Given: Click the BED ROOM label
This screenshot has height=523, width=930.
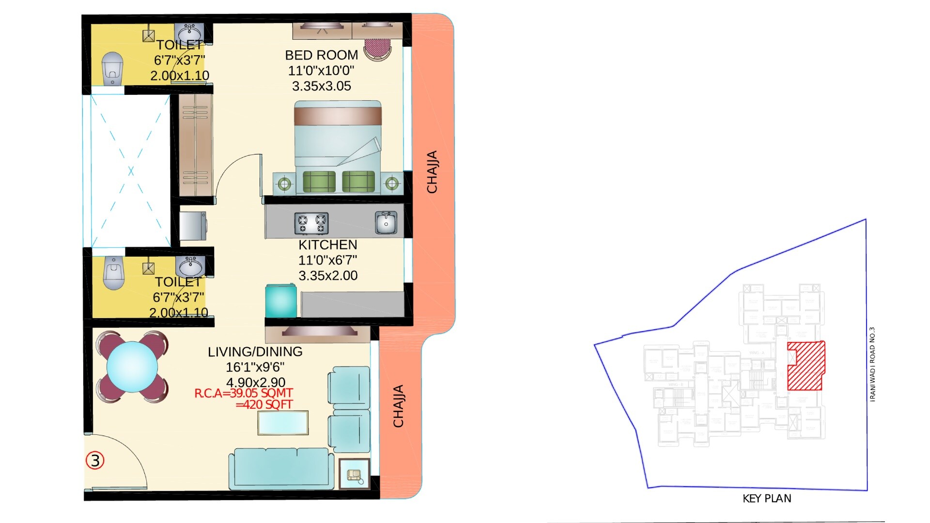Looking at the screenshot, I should click(x=321, y=55).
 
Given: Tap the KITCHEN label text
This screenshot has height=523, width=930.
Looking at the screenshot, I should click(x=327, y=245).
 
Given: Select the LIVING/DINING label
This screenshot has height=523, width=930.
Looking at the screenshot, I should click(x=255, y=352).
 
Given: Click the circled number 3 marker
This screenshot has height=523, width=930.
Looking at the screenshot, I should click(x=95, y=461).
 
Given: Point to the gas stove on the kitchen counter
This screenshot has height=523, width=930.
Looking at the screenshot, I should click(x=311, y=223).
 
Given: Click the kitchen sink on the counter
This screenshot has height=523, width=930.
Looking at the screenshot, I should click(x=386, y=222).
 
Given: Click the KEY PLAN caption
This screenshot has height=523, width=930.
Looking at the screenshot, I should click(x=767, y=499).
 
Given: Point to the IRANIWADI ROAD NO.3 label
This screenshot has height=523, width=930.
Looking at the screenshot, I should click(x=872, y=364).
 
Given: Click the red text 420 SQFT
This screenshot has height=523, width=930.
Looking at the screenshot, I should click(x=264, y=405).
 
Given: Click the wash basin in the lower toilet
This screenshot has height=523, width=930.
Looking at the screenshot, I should click(x=190, y=265).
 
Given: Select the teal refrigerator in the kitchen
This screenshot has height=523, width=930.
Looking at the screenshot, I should click(x=281, y=301).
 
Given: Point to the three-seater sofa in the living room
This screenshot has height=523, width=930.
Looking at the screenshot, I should click(x=281, y=468).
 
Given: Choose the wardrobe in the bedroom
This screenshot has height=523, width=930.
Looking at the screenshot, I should click(x=195, y=145).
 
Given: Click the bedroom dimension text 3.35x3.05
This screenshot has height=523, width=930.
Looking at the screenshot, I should click(x=321, y=86).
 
